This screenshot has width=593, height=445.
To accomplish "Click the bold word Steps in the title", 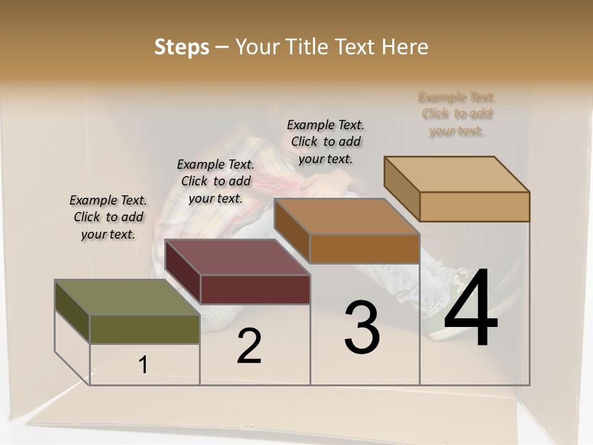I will (182, 47).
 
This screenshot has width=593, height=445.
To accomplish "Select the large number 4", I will (471, 308).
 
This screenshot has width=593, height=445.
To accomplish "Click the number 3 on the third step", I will (362, 328).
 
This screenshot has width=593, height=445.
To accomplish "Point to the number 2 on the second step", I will (250, 346).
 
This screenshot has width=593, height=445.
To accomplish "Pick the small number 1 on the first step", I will (143, 365).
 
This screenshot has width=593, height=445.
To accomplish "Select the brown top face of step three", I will (347, 216).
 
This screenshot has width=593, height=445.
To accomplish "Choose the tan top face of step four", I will (457, 174).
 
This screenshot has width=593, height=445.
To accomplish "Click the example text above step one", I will (108, 217).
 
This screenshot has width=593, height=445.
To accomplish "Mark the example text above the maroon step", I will (216, 181).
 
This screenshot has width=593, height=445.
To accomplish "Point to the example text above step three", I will (326, 142).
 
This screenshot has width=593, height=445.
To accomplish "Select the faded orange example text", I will (457, 114).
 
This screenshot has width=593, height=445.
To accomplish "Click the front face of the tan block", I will (474, 206).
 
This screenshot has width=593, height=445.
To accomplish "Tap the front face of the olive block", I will (145, 329).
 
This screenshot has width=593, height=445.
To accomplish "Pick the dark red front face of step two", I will (255, 289).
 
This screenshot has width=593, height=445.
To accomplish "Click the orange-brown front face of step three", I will (364, 248).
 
